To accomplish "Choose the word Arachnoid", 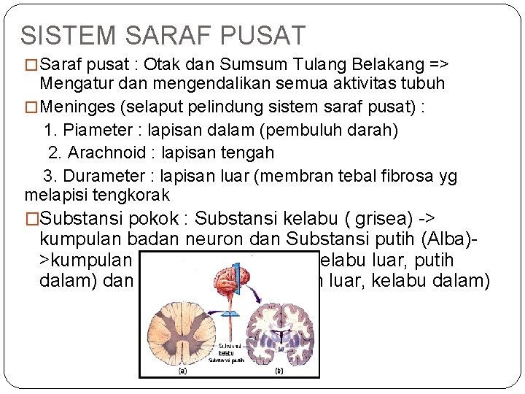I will [101, 152].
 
